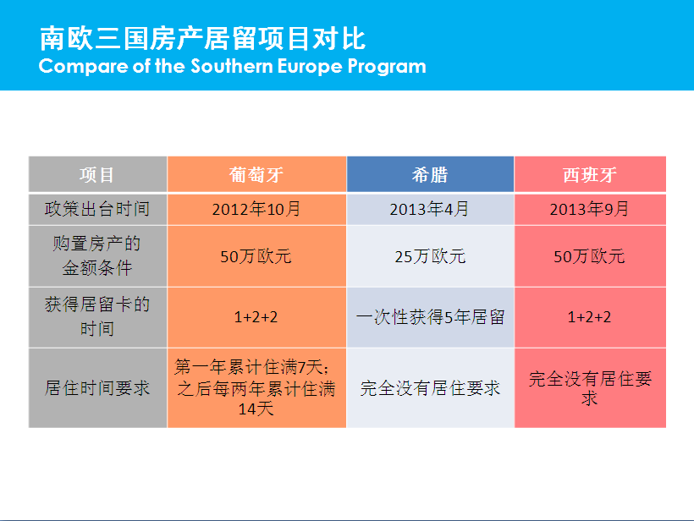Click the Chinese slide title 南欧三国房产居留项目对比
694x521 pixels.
click(203, 38)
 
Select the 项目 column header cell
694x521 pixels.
click(97, 175)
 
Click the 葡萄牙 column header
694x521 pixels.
click(256, 175)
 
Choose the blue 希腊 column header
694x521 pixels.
click(430, 175)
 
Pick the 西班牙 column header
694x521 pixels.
click(590, 175)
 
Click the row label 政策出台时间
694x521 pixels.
click(97, 209)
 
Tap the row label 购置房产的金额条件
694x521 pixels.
click(97, 255)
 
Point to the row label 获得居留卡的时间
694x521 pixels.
click(97, 316)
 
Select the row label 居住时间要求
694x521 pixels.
click(97, 388)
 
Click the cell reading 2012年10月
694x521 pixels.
click(256, 209)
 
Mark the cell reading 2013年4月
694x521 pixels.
click(430, 209)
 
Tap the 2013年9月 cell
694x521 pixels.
click(590, 209)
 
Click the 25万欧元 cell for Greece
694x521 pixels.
click(430, 256)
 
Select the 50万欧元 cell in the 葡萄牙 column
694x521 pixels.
click(256, 256)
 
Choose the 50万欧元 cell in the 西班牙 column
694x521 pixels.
click(590, 256)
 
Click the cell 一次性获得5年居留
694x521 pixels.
click(430, 317)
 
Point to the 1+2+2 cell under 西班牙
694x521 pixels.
click(590, 317)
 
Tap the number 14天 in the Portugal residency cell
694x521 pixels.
click(256, 409)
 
